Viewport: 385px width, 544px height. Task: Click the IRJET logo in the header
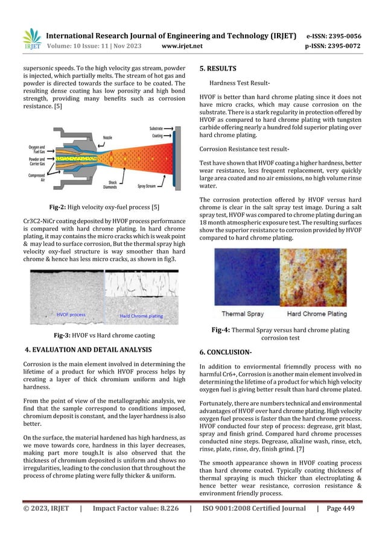tap(31, 38)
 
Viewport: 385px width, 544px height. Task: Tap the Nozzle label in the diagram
tap(110, 138)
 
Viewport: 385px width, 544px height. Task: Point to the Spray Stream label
tap(149, 186)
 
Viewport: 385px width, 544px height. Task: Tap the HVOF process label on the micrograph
tap(71, 314)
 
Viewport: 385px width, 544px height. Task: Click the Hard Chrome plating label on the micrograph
tap(142, 316)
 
